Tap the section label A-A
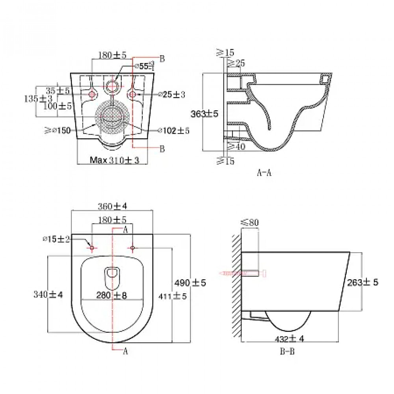coord(264,172)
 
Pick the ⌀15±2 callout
coord(57,239)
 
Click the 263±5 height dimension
coord(363,282)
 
